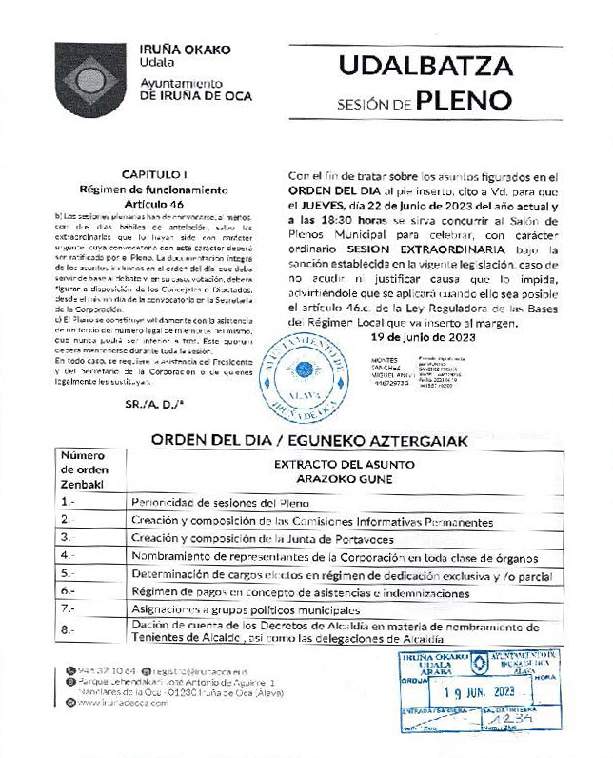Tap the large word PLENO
coord(465,101)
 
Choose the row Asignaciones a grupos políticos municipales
coord(246,609)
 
